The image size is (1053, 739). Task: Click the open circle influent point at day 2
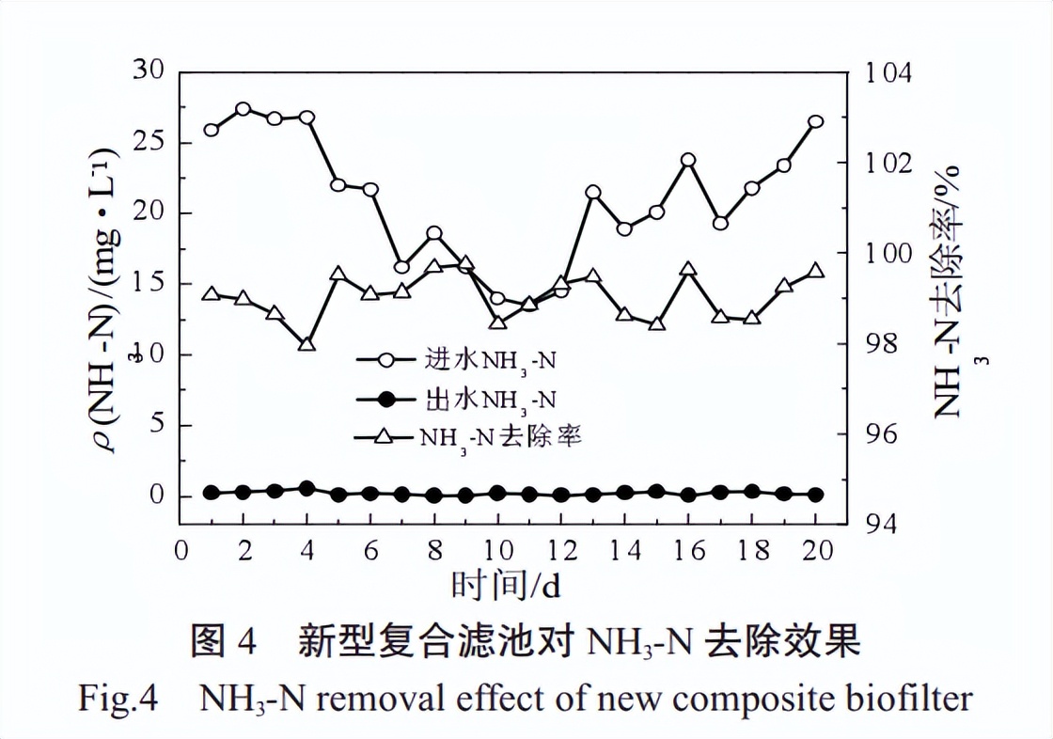tap(244, 109)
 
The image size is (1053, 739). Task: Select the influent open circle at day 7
tap(401, 267)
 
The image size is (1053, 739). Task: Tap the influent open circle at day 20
tap(815, 122)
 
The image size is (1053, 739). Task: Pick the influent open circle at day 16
tap(688, 160)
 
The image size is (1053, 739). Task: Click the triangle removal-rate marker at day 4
tap(306, 345)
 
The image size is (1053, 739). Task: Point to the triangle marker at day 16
tap(688, 270)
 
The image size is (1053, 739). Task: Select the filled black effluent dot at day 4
tap(306, 488)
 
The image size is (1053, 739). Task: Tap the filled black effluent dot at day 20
tap(815, 495)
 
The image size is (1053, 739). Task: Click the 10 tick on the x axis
tap(497, 551)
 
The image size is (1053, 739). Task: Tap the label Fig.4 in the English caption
tap(117, 699)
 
